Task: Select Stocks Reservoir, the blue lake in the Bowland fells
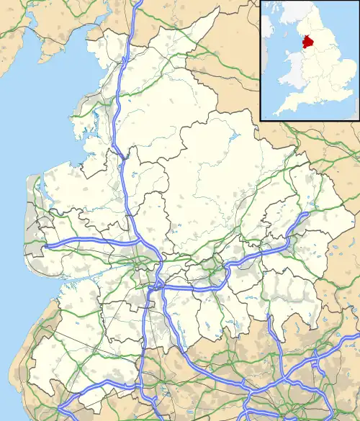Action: pos(234,136)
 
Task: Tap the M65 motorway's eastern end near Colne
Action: pos(309,214)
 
